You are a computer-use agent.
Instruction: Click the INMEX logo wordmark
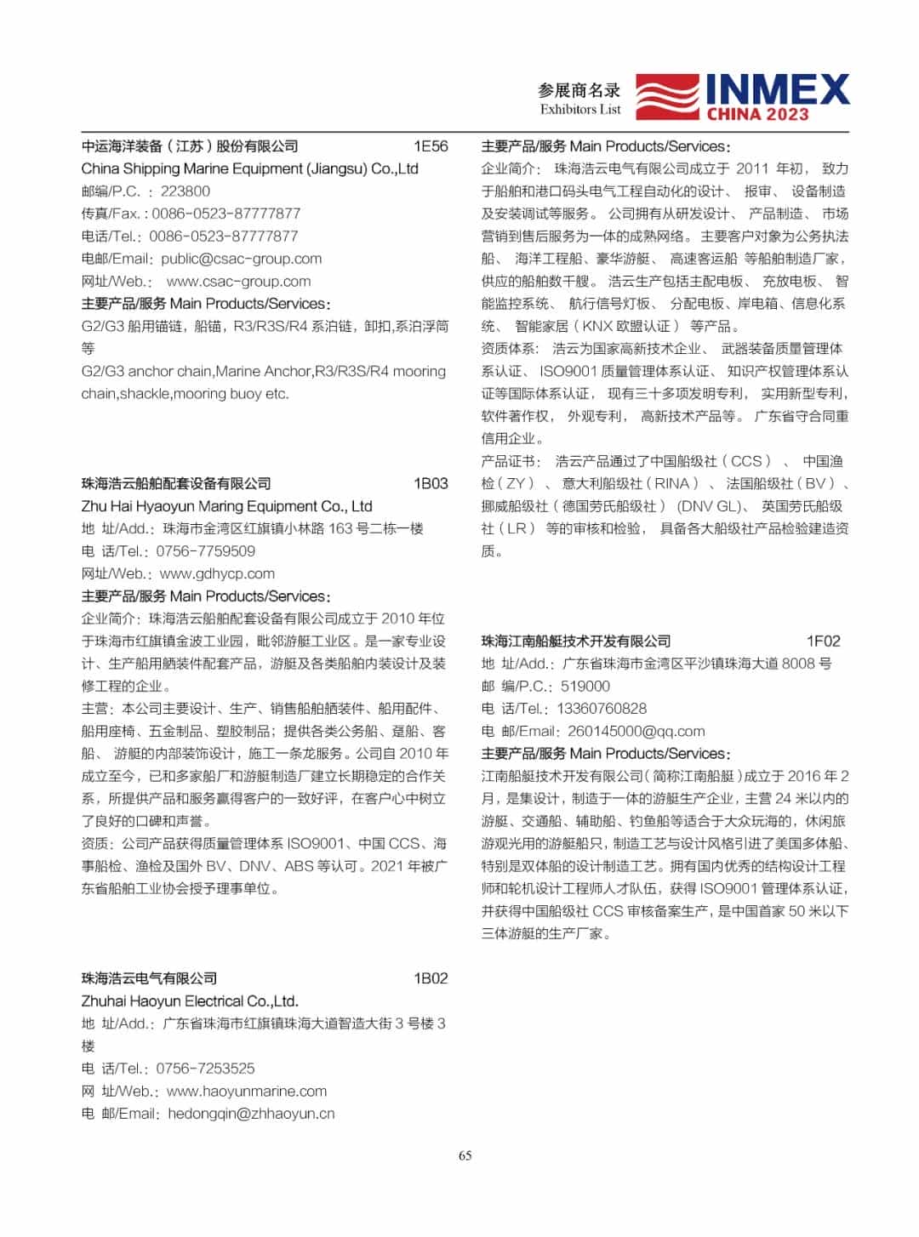777,89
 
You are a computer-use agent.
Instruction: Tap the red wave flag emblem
668,97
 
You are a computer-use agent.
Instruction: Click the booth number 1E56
431,146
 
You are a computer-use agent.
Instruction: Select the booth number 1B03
431,483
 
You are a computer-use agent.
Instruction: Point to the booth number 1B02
431,978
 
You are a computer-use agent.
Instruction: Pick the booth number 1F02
823,641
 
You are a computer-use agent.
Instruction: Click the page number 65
465,1155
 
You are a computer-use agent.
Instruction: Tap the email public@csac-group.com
242,259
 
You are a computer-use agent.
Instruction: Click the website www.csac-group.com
238,282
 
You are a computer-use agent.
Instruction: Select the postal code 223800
186,191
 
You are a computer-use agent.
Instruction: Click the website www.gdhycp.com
217,573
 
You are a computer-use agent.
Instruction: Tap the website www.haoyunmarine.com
247,1092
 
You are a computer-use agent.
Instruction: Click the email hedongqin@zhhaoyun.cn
251,1114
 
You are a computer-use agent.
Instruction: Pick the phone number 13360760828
602,709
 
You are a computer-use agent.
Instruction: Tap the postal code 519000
585,687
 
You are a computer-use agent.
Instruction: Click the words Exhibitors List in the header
580,110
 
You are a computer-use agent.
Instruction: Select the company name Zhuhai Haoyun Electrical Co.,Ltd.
190,1001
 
